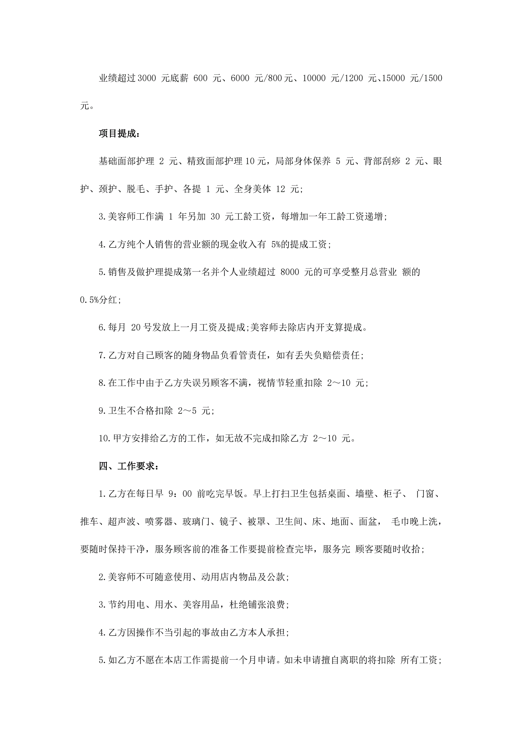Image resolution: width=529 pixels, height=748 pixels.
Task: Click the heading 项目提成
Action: point(119,134)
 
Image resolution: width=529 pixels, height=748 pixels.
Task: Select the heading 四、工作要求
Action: point(129,466)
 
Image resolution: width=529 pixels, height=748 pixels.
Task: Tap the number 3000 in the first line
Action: point(147,78)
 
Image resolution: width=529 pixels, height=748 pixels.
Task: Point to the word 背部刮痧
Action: point(382,161)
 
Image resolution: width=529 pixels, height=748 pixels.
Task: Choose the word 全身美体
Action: point(252,189)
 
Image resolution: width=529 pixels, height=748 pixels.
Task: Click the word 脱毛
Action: point(136,189)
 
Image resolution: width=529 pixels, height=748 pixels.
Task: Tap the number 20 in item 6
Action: point(135,327)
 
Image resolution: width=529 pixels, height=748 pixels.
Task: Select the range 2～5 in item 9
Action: point(187,411)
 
